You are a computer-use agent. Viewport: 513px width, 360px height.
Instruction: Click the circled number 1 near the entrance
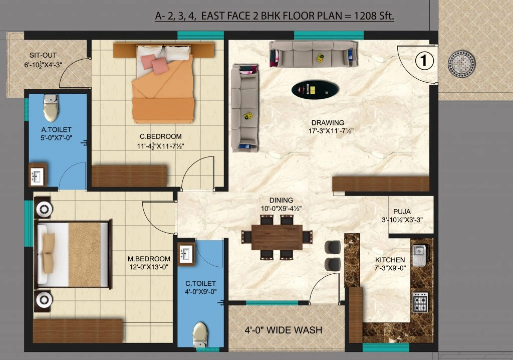[424, 61]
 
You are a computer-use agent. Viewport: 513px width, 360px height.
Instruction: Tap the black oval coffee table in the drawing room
[315, 89]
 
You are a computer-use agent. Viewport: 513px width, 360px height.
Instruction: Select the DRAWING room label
[328, 123]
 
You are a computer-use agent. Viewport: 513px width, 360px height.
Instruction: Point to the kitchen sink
[419, 255]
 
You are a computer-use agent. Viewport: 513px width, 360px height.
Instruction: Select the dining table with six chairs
[277, 237]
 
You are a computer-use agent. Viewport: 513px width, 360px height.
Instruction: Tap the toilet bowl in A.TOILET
[50, 109]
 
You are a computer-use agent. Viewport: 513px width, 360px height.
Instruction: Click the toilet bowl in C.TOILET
[200, 334]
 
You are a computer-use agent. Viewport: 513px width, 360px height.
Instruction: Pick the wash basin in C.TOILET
[186, 253]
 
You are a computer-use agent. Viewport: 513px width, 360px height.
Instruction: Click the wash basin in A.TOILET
[37, 175]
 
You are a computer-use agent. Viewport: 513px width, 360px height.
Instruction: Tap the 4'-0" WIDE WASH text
[283, 330]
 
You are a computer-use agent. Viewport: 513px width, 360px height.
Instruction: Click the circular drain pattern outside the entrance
[459, 64]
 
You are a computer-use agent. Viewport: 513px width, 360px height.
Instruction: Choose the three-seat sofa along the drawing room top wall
[314, 54]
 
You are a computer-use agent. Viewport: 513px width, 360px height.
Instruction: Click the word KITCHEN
[390, 260]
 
